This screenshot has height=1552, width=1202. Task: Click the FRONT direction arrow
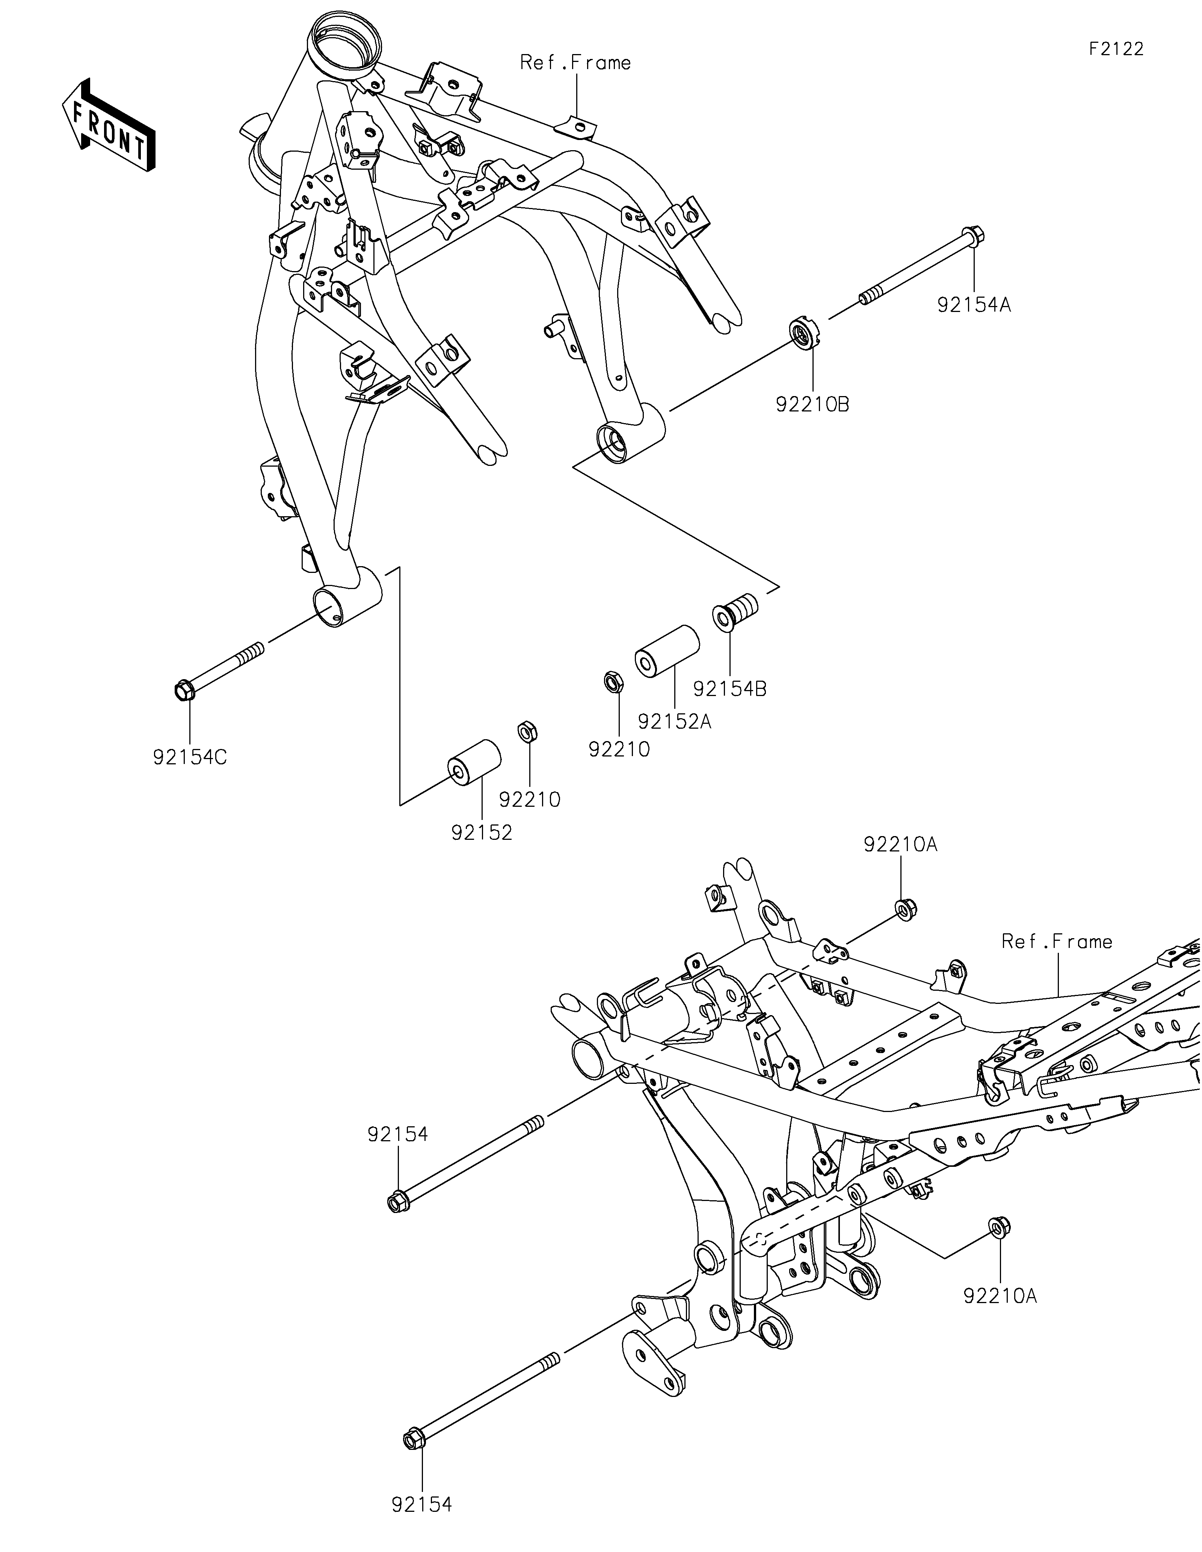(109, 125)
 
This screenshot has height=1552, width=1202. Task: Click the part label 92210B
(812, 405)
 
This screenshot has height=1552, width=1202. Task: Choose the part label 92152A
(675, 722)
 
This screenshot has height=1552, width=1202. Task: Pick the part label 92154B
(730, 689)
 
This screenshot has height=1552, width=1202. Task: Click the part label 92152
(482, 833)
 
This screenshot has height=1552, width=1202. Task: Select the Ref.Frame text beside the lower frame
(1057, 942)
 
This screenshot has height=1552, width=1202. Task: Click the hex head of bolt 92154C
(183, 689)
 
